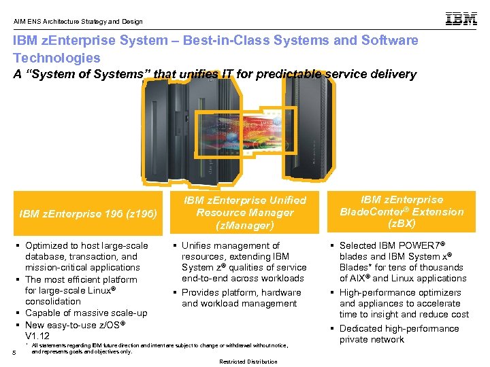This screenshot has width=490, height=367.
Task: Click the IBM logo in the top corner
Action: tap(461, 19)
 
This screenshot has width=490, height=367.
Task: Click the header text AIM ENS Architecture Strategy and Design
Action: tap(78, 21)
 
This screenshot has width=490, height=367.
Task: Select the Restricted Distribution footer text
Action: tap(248, 362)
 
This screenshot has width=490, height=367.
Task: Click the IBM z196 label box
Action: tap(88, 213)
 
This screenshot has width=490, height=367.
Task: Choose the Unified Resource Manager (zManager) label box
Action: tap(244, 212)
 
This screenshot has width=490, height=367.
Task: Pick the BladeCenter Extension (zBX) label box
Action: tap(402, 211)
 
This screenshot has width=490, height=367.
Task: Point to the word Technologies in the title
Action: tap(56, 58)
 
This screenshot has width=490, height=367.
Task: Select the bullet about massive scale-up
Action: tap(86, 313)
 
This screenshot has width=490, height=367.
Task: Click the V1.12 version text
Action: tap(37, 336)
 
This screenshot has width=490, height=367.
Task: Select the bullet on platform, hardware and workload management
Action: tap(241, 298)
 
